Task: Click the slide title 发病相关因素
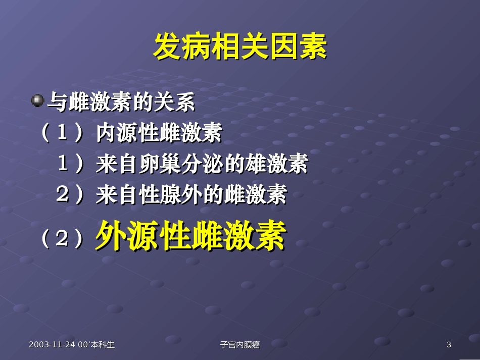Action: pos(240,47)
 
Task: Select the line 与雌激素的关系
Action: pos(121,102)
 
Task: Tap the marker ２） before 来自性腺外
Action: pos(70,194)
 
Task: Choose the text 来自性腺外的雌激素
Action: pos(191,194)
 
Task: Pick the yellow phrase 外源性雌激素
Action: pos(190,235)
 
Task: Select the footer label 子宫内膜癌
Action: pos(240,345)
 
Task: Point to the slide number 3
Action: pos(449,345)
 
